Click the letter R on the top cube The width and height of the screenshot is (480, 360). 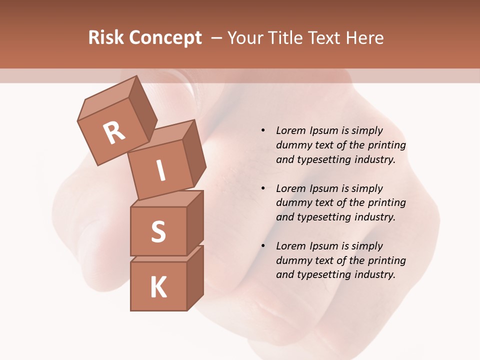(x=114, y=133)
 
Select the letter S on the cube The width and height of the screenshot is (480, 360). (x=158, y=231)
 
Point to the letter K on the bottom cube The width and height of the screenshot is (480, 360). (x=158, y=287)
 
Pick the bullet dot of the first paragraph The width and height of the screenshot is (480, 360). (x=263, y=131)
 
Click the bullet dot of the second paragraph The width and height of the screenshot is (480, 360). (x=263, y=188)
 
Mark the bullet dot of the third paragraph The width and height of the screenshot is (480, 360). (x=263, y=246)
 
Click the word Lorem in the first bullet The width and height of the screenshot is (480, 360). (x=290, y=131)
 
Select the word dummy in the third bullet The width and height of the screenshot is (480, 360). (x=293, y=260)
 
